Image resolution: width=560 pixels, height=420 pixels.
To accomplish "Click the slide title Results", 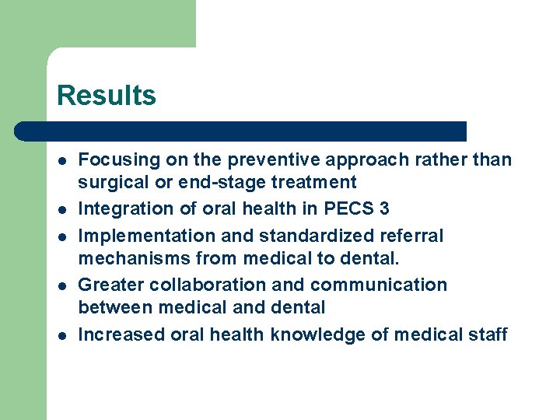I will point(107,96).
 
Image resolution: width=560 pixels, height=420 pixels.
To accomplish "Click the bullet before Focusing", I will point(61,161).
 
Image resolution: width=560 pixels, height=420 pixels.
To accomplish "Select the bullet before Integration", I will point(61,210).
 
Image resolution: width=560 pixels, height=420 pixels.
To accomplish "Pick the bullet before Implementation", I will point(61,236).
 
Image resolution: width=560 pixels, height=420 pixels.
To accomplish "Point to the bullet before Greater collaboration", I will point(61,285).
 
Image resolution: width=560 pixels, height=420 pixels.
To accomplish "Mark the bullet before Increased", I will point(61,335).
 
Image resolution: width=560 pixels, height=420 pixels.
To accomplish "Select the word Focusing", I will point(118,160).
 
